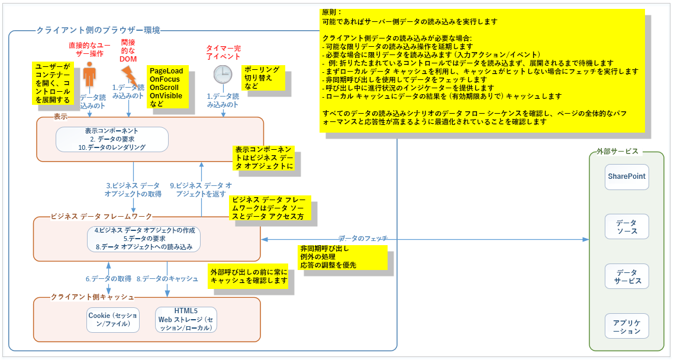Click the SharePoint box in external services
627,177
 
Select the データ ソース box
627,226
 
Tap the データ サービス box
627,276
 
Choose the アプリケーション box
627,326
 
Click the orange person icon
89,75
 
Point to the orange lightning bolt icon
128,75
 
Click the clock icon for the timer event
222,74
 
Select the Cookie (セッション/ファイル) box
112,320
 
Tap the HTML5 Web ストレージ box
186,320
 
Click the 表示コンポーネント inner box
112,139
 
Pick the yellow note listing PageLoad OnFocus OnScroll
167,86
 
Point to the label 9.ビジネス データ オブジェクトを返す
201,189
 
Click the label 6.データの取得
108,278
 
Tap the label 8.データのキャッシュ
167,278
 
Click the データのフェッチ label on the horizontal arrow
363,238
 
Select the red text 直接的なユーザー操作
89,49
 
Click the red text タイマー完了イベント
223,52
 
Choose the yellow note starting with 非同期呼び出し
343,256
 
